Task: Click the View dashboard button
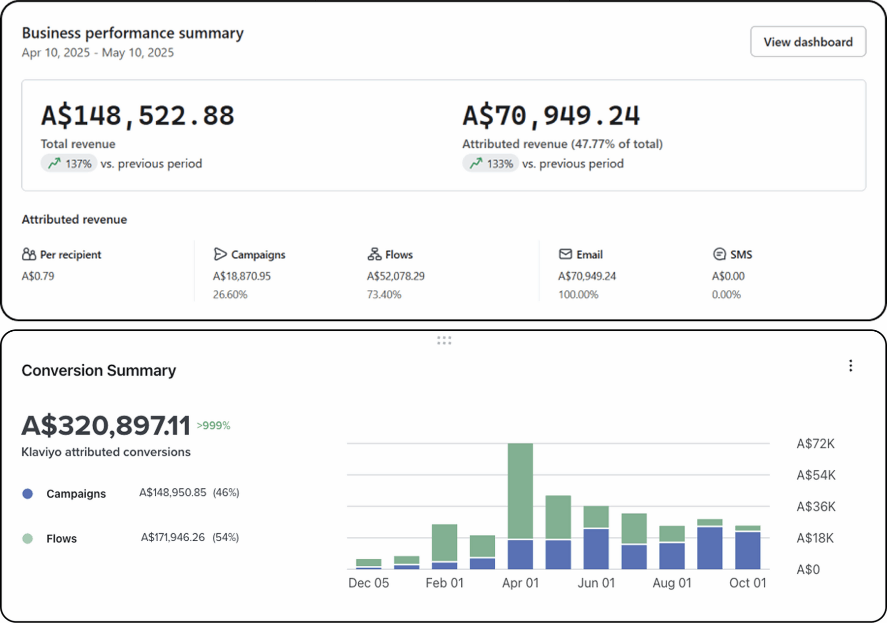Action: coord(808,42)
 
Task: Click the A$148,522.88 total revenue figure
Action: coord(137,115)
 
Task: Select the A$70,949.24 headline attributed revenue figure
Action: coord(551,115)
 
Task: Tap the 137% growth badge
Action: coord(69,164)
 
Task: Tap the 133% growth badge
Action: coord(490,164)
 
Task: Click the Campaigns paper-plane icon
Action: coord(220,254)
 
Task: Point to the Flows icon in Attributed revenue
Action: coord(374,254)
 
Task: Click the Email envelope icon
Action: coord(565,254)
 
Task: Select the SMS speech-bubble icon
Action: coord(719,254)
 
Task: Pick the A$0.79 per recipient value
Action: coord(38,276)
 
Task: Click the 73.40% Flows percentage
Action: coord(384,295)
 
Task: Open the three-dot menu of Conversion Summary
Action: coord(851,366)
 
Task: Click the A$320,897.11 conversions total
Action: coord(106,426)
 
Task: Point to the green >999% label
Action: coord(213,426)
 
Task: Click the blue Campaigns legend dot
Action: coord(28,494)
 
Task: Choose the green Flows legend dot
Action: coord(28,539)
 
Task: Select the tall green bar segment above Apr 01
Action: coord(520,490)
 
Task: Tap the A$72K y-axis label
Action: coord(816,444)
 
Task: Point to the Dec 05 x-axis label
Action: coord(369,583)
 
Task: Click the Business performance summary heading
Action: coord(133,33)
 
